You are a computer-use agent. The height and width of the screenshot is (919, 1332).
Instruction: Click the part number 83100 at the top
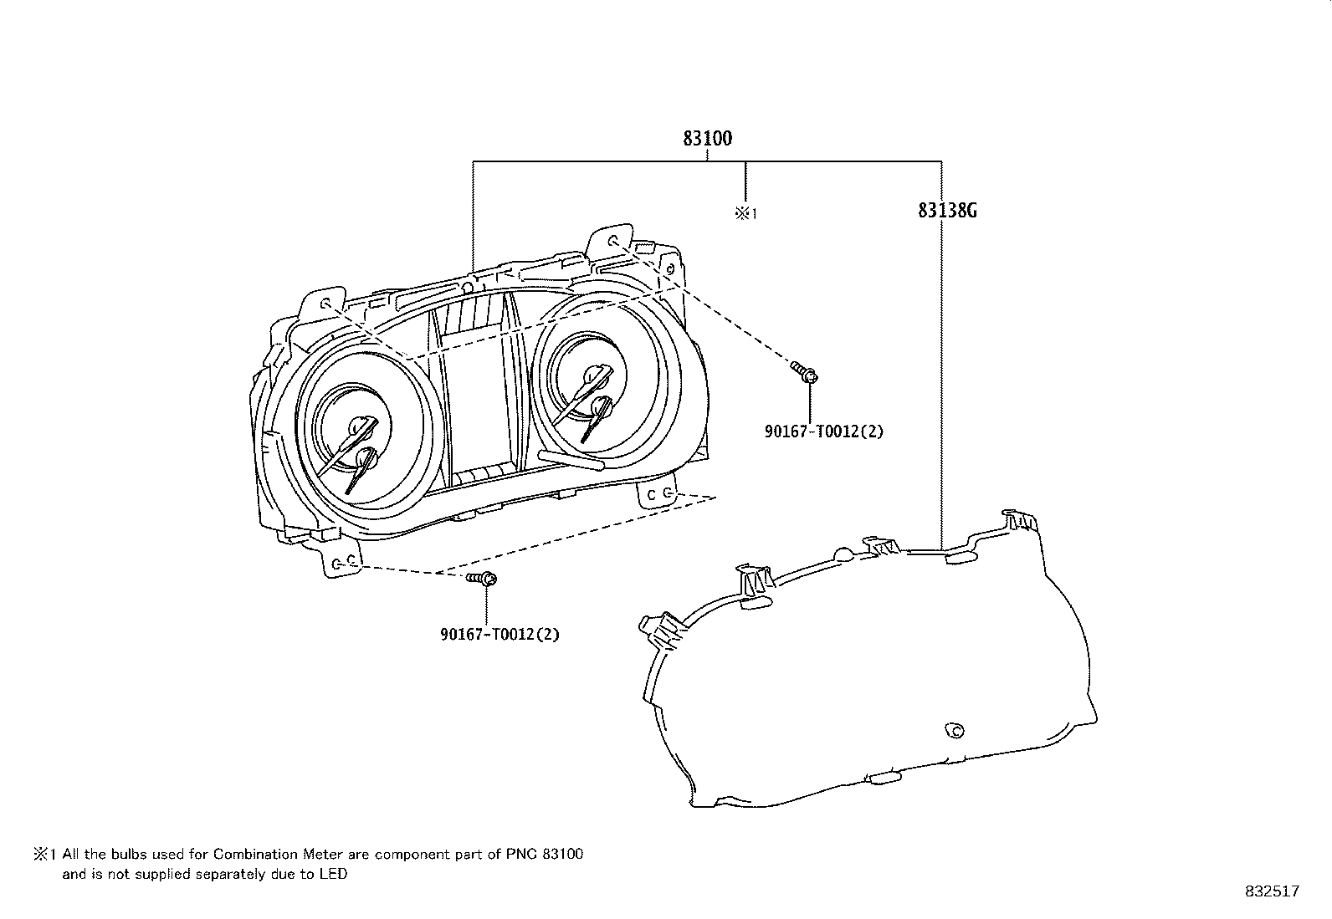[x=707, y=139]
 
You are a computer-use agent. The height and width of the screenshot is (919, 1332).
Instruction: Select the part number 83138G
[x=947, y=211]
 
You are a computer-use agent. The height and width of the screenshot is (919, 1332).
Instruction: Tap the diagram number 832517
[x=1273, y=891]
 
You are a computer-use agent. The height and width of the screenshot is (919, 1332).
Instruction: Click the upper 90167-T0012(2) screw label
[x=823, y=431]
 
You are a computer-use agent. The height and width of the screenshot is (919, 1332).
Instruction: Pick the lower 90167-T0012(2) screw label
[x=499, y=634]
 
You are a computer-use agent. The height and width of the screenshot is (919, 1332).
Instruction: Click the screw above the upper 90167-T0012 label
[x=805, y=371]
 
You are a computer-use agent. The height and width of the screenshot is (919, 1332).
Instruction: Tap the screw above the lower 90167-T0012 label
[x=482, y=578]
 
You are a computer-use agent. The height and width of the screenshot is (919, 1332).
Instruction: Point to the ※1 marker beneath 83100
[x=746, y=212]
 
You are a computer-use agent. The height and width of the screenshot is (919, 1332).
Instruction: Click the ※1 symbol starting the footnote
[x=44, y=855]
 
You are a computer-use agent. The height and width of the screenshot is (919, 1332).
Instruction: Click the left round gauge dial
[x=370, y=429]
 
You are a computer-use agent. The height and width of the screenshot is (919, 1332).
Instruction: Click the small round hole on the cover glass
[x=955, y=730]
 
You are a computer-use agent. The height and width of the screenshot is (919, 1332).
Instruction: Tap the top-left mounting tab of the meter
[x=323, y=304]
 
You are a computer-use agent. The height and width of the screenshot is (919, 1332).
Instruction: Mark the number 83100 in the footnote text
[x=563, y=855]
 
